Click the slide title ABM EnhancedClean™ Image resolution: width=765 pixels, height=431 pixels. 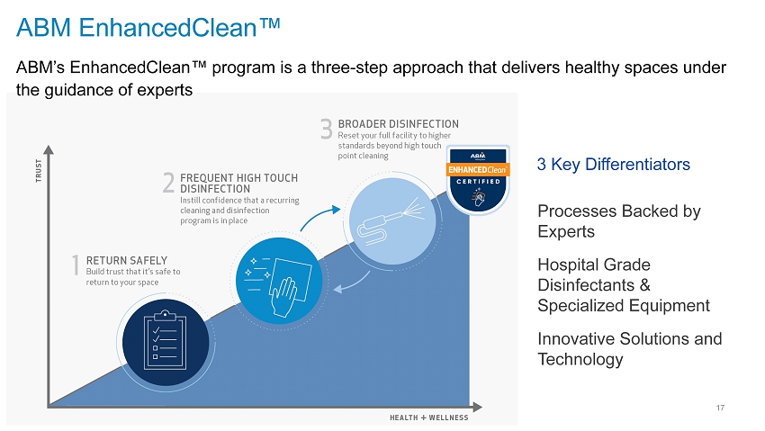tap(148, 27)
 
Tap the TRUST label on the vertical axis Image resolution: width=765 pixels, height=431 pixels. tap(39, 171)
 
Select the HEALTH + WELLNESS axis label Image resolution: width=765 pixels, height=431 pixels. tap(428, 418)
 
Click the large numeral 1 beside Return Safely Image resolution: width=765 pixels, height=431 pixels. tap(76, 265)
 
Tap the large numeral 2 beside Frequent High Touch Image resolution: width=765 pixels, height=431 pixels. tap(168, 183)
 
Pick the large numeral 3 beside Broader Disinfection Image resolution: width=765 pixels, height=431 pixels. tap(327, 129)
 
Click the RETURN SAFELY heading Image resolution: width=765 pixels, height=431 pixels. tap(127, 260)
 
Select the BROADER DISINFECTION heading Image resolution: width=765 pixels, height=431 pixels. tap(398, 124)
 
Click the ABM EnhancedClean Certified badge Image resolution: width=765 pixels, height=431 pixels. tap(478, 180)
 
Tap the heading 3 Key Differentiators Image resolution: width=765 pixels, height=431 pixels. tap(613, 165)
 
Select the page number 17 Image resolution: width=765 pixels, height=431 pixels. tap(720, 408)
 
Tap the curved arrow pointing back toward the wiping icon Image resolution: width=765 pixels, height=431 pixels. tap(352, 283)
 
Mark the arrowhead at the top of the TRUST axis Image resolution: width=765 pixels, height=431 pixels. tap(49, 149)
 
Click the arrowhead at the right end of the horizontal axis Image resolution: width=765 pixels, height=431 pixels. tap(477, 407)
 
